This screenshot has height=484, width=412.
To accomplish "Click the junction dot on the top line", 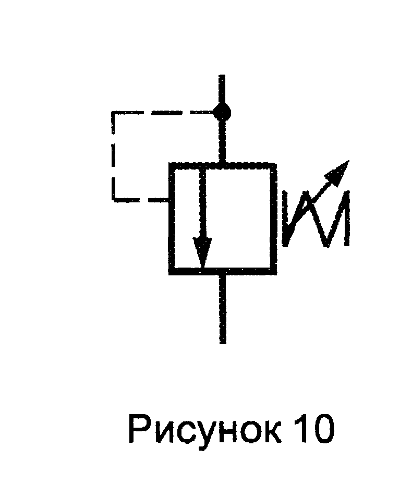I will coord(222,111).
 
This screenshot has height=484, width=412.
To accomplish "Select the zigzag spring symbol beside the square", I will coord(316,219).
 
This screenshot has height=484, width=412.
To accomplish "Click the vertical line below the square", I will coord(223,308).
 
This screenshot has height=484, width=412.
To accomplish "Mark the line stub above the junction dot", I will coord(222,90).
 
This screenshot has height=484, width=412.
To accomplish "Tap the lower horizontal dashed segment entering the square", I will coord(141,199).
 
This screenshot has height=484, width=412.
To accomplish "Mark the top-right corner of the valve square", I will coord(274,165).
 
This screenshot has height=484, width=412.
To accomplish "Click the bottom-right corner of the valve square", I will coord(274,271).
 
